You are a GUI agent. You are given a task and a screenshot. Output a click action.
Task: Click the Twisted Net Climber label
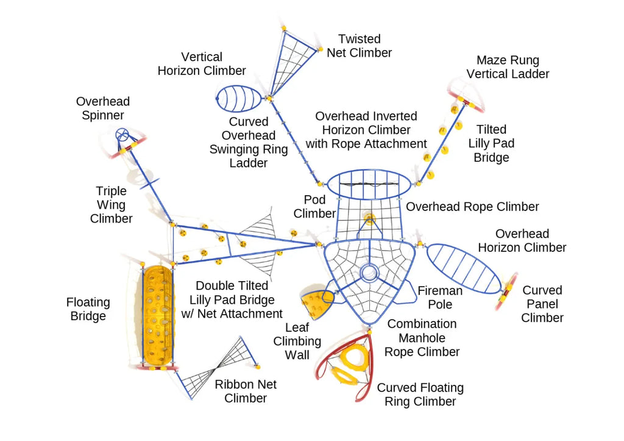click(359, 46)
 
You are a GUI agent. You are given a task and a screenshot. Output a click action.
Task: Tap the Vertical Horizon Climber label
click(202, 63)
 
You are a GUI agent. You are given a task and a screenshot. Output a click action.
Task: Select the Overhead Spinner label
click(103, 108)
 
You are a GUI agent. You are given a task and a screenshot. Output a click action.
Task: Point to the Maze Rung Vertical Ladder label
click(508, 67)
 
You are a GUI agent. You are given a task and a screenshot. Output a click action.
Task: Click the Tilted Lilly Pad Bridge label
click(491, 143)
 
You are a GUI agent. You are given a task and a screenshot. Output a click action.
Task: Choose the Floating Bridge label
click(88, 309)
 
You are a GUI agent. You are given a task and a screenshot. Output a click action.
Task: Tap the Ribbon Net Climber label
click(246, 391)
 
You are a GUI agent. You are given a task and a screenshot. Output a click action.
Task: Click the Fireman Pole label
click(439, 297)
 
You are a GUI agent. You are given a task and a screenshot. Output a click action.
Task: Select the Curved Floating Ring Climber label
click(420, 394)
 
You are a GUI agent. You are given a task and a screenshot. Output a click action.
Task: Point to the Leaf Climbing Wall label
click(297, 341)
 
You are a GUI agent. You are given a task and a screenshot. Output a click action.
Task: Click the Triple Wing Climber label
click(112, 204)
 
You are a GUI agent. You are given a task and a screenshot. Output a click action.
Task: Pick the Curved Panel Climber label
click(542, 304)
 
